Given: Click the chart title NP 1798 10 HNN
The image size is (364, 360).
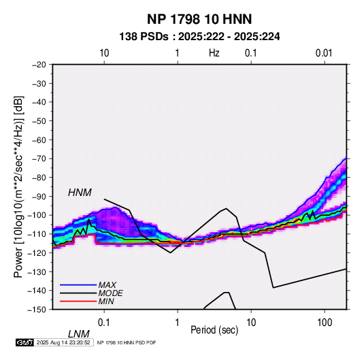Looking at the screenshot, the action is (199, 19).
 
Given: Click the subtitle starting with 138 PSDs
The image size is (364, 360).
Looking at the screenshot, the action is (199, 37).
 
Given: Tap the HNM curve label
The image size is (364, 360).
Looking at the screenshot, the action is (80, 193).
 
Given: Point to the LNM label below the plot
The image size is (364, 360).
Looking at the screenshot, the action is (79, 334).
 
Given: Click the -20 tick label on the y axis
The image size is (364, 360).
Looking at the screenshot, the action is (39, 65).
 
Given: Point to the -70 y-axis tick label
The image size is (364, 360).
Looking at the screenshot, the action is (39, 159).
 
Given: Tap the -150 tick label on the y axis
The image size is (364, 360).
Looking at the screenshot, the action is (37, 310).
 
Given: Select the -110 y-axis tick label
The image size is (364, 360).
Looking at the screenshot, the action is (37, 234).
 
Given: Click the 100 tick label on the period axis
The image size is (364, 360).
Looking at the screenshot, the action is (325, 323).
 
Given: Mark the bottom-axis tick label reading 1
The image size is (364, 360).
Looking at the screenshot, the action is (178, 323).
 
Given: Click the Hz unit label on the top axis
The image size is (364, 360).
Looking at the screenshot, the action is (214, 53).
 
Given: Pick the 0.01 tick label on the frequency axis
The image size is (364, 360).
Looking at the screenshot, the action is (324, 53).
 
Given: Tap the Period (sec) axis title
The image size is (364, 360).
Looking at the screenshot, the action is (214, 330).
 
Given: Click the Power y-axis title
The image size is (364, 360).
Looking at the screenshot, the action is (18, 186).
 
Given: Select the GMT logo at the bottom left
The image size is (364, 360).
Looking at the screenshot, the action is (24, 342).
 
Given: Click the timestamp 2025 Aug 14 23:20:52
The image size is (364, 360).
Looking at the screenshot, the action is (63, 342).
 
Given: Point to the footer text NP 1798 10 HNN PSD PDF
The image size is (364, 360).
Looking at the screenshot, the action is (127, 342).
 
